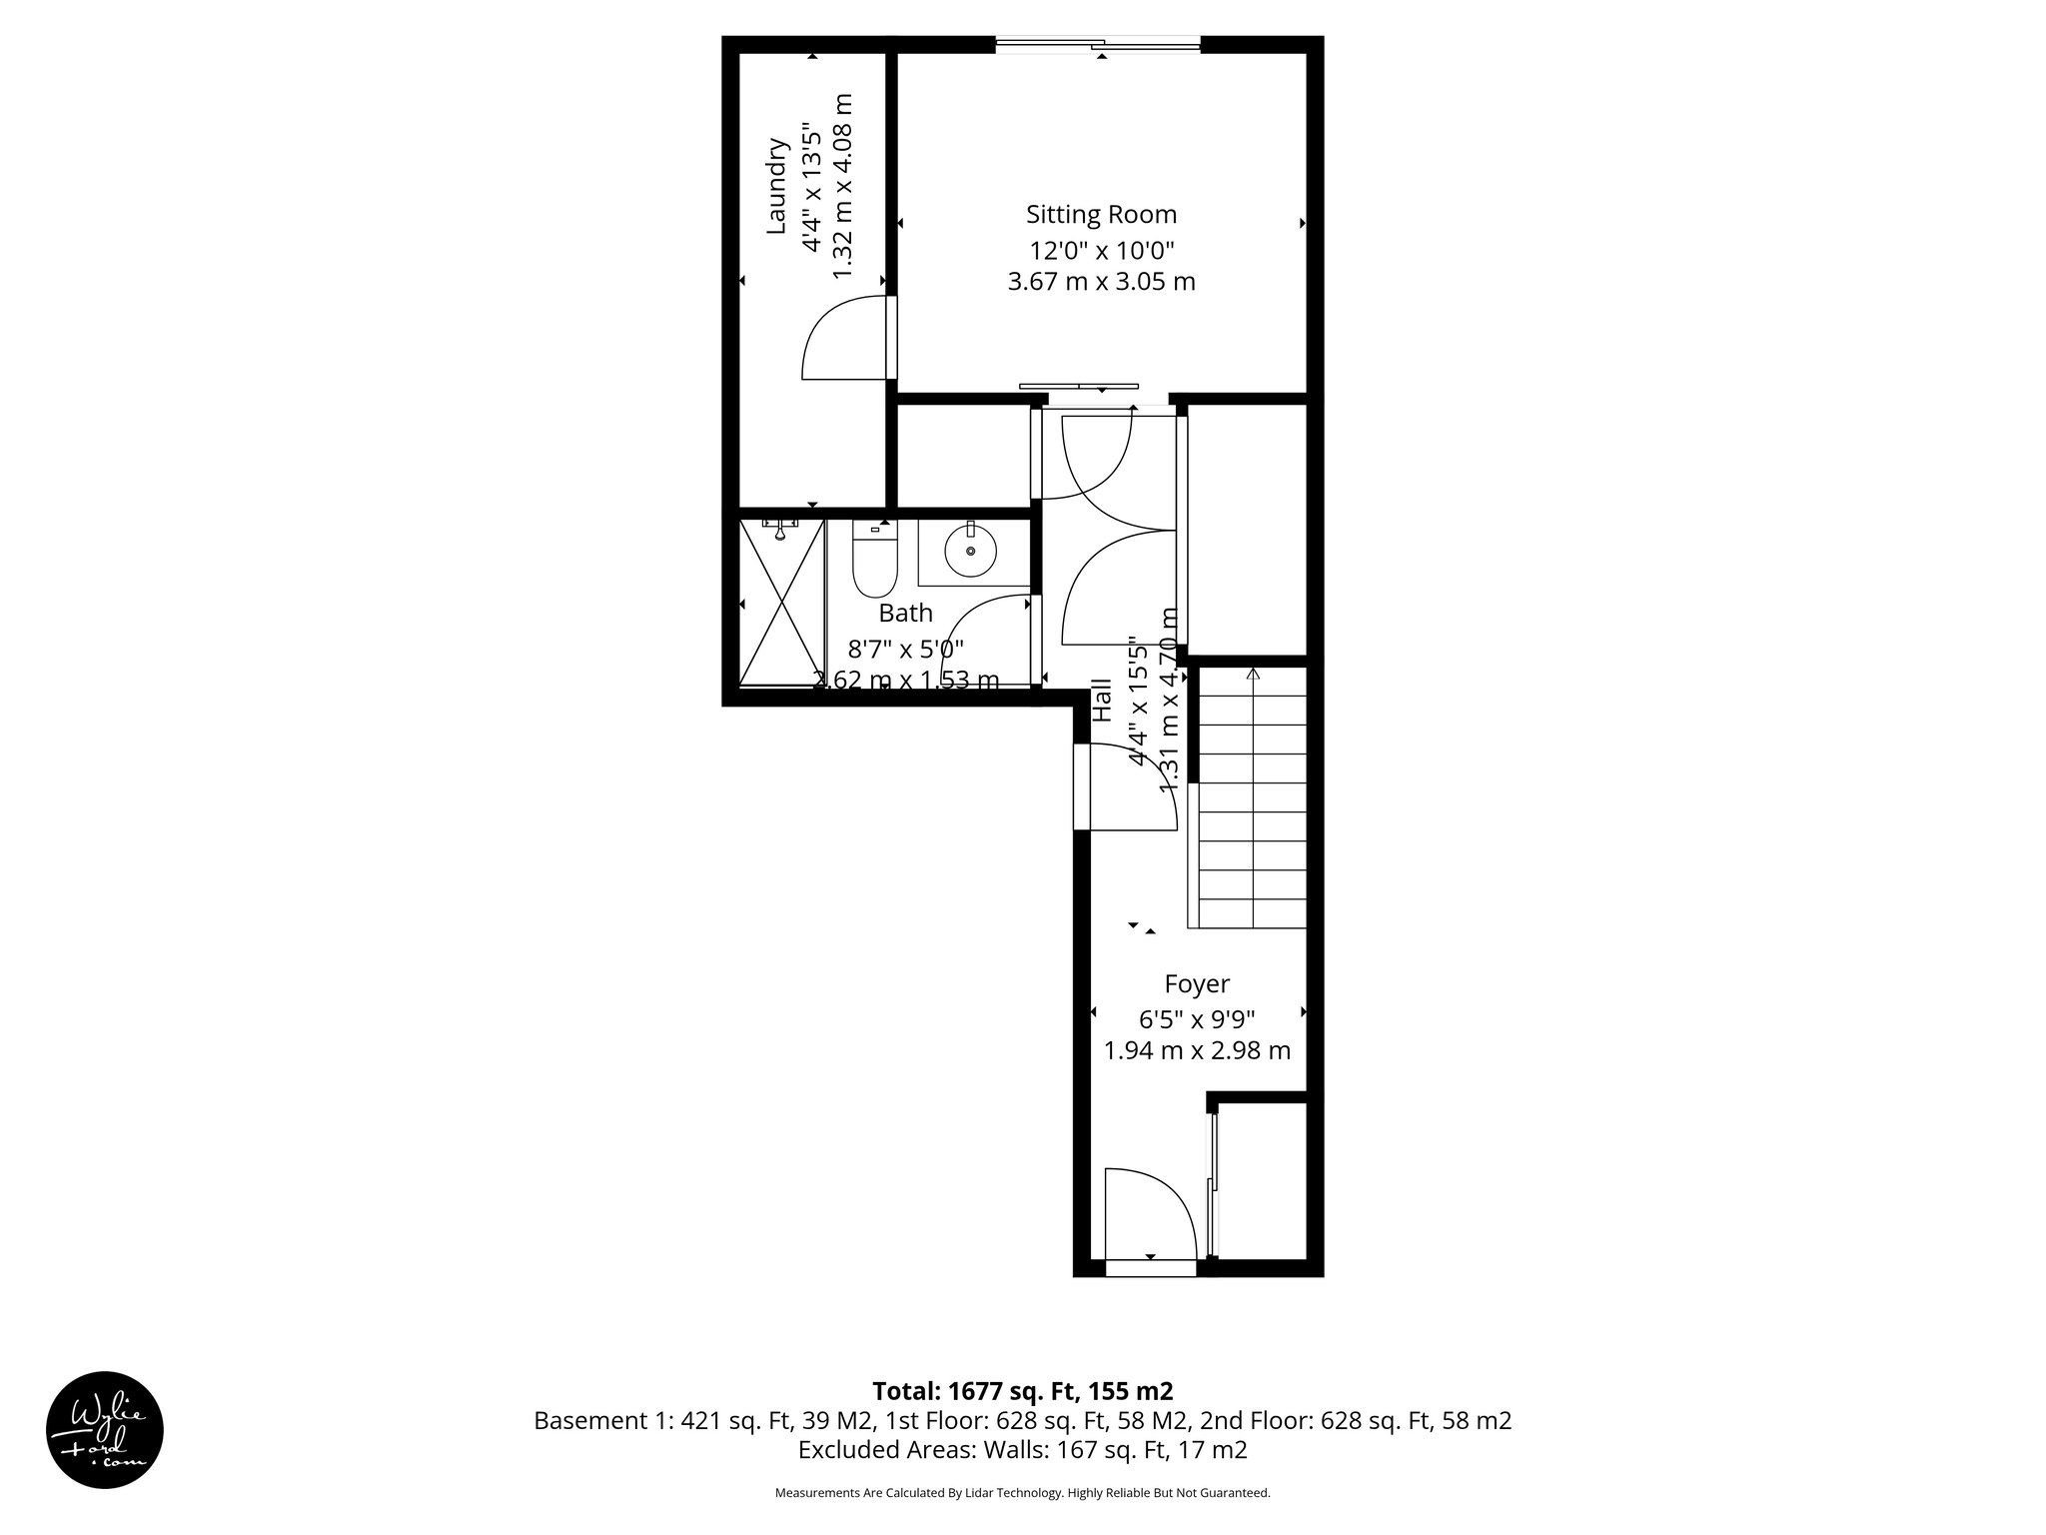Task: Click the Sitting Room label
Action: pyautogui.click(x=1101, y=215)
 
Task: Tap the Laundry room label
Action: pyautogui.click(x=777, y=187)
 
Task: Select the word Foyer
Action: pyautogui.click(x=1196, y=984)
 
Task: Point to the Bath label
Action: pyautogui.click(x=905, y=613)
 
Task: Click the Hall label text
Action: pyautogui.click(x=1102, y=701)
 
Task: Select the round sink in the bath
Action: pyautogui.click(x=970, y=551)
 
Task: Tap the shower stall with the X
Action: pyautogui.click(x=781, y=602)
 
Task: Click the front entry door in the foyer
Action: pyautogui.click(x=1149, y=1214)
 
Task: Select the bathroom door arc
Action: pyautogui.click(x=984, y=640)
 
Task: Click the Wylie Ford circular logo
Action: pyautogui.click(x=105, y=1428)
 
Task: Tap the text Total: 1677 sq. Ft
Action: pyautogui.click(x=1022, y=1391)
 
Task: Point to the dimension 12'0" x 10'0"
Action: pyautogui.click(x=1101, y=250)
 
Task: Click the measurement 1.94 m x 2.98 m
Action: pyautogui.click(x=1196, y=1050)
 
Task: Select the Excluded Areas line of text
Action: pyautogui.click(x=1022, y=1449)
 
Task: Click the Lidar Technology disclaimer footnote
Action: pyautogui.click(x=1022, y=1493)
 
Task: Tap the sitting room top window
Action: pyautogui.click(x=1099, y=43)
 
